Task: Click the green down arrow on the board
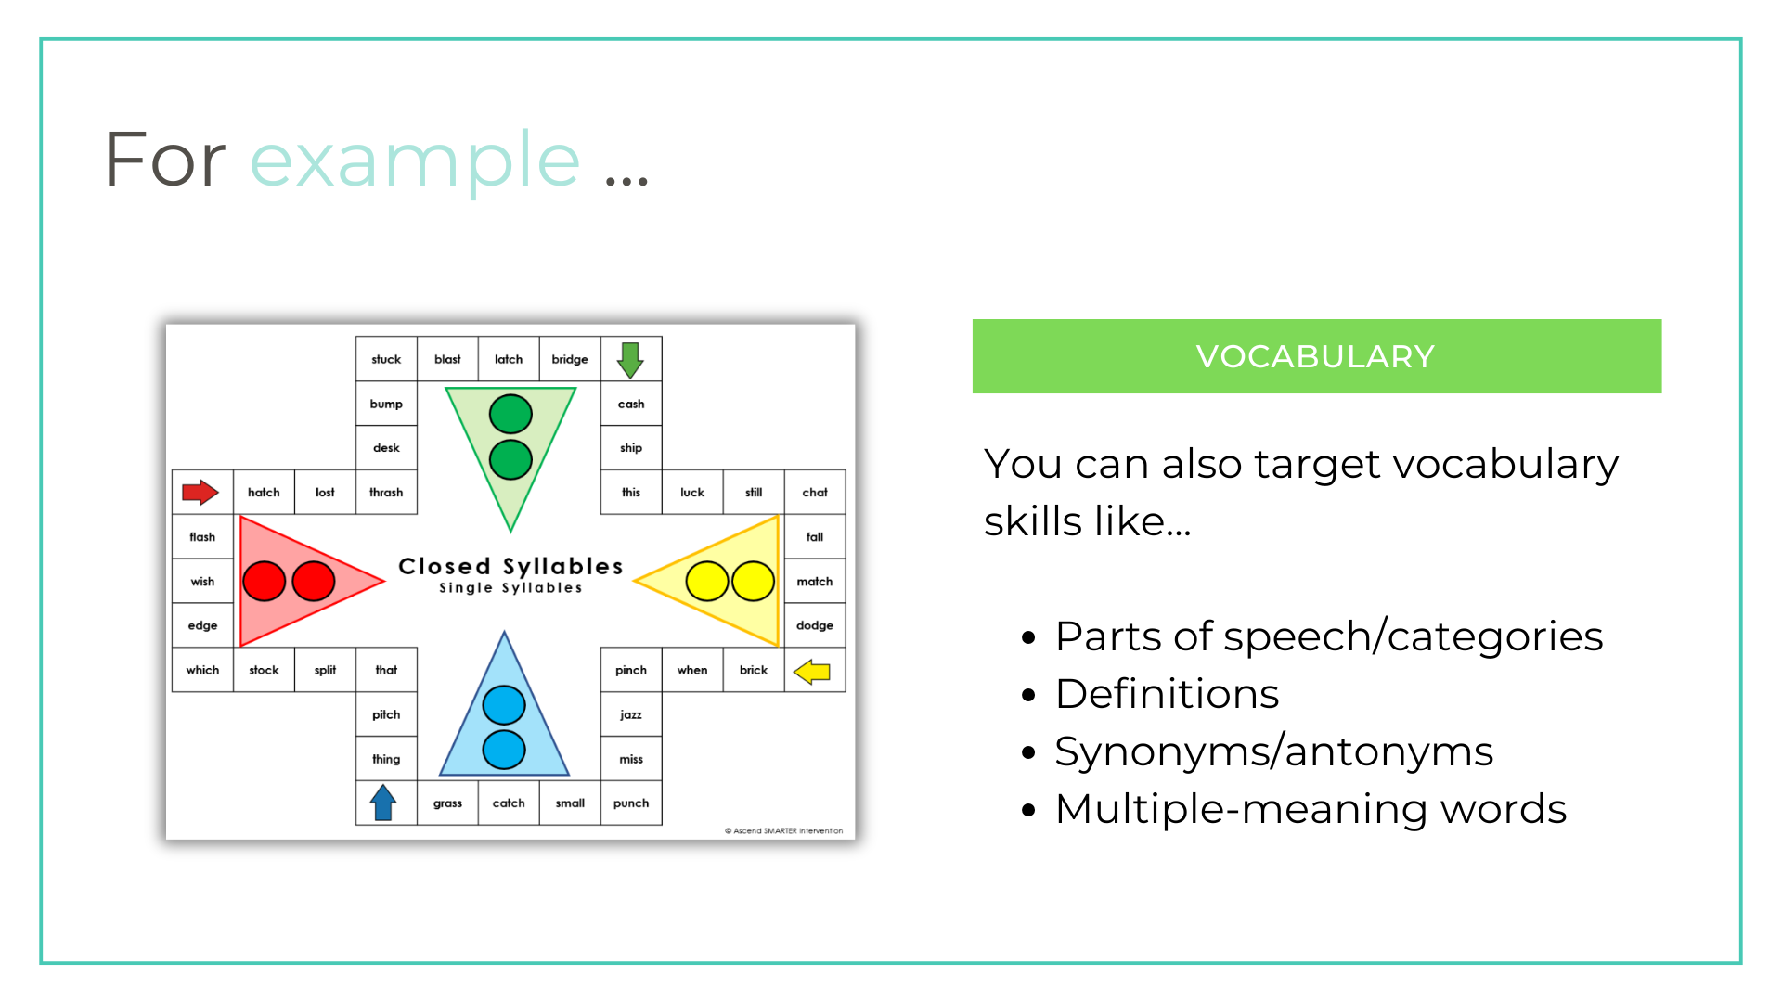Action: tap(630, 360)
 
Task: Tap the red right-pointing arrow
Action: tap(200, 493)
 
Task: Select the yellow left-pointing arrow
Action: tap(813, 671)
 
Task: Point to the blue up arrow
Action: tap(383, 803)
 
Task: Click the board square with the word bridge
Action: tap(570, 359)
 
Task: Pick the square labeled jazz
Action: tap(631, 714)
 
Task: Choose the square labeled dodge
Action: tap(815, 625)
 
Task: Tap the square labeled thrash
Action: tap(386, 493)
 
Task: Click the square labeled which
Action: tap(202, 670)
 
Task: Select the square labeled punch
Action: tap(631, 803)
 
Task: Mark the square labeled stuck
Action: tap(386, 359)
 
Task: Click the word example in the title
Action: tap(415, 160)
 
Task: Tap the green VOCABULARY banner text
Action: tap(1316, 356)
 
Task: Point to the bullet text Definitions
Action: tap(1167, 694)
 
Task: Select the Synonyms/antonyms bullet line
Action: tap(1273, 751)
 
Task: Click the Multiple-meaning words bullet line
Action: tap(1311, 809)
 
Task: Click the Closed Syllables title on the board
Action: tap(510, 566)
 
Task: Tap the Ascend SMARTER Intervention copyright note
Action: tap(784, 831)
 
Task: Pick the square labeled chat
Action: tap(815, 493)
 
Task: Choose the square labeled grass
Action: tap(447, 803)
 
